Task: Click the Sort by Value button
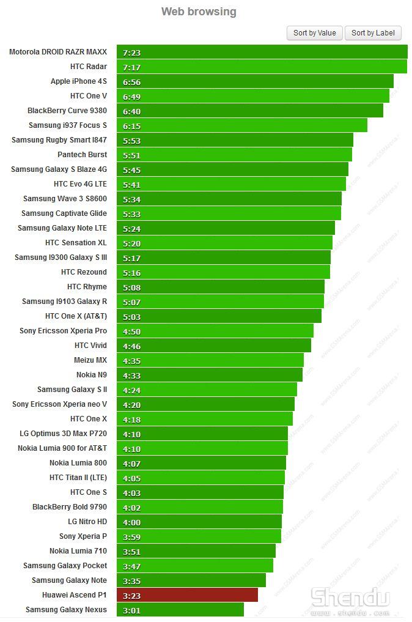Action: pos(314,33)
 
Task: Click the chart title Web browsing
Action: pos(199,12)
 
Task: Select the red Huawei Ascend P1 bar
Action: pos(186,595)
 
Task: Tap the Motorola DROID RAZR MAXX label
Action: pos(58,52)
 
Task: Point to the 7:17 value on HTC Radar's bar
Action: pos(132,67)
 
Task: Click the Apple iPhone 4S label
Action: pos(79,81)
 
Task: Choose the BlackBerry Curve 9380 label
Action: pos(67,111)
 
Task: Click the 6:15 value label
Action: pos(132,126)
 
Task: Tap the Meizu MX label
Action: pos(90,360)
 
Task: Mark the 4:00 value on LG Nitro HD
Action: pos(132,522)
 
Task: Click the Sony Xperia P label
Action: pos(83,536)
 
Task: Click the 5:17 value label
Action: pos(132,258)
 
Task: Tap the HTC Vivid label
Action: pos(90,346)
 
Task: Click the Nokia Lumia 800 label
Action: pos(78,463)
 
